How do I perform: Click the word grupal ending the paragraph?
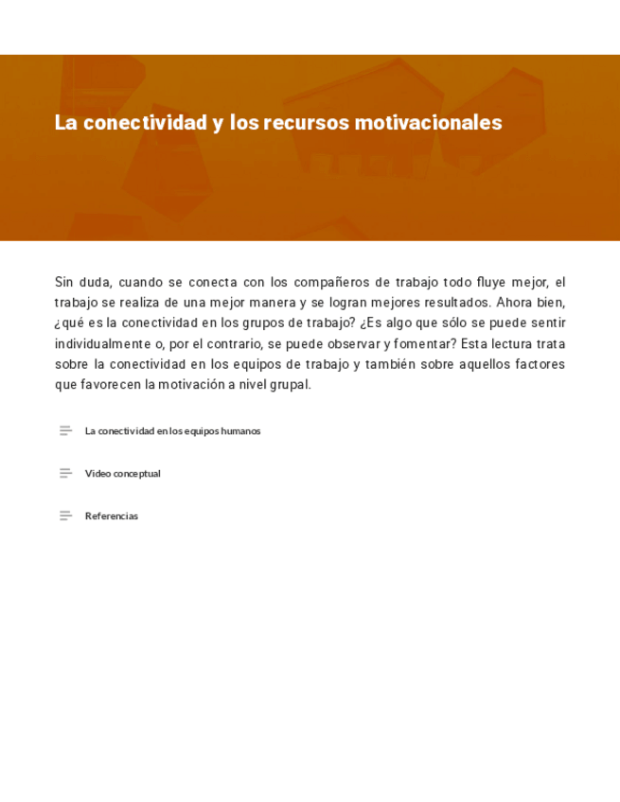(x=290, y=385)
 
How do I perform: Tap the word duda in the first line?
(x=95, y=283)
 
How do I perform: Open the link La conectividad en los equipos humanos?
(x=172, y=431)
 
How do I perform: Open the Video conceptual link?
(x=122, y=474)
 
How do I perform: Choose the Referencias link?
(x=111, y=516)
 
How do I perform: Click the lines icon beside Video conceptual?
(x=65, y=474)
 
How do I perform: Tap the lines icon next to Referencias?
(x=65, y=516)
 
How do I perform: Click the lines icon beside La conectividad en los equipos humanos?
(x=65, y=431)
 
